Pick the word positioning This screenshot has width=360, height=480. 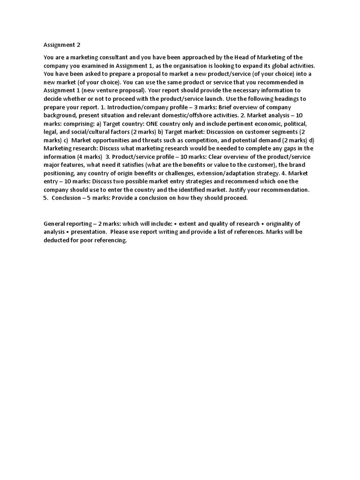60,173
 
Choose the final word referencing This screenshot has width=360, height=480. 110,240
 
